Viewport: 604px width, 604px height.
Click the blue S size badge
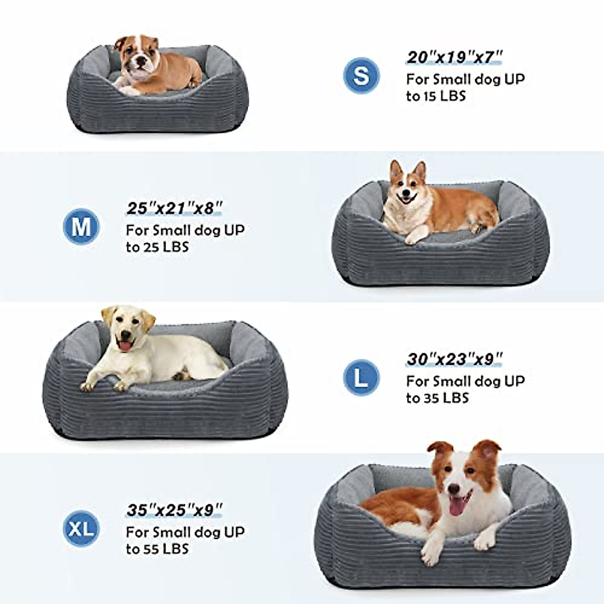click(361, 75)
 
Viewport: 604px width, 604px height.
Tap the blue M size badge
click(81, 227)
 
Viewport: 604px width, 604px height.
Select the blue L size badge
click(361, 377)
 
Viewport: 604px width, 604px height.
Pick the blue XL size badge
click(81, 528)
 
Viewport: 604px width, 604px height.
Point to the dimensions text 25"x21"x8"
click(174, 208)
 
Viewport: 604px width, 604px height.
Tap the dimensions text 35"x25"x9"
click(174, 510)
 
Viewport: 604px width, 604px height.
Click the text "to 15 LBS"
click(436, 96)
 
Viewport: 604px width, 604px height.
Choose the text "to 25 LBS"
click(157, 247)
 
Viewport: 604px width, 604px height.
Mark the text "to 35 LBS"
click(437, 398)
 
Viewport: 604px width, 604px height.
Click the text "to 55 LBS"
click(157, 549)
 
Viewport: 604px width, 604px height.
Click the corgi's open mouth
click(406, 200)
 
